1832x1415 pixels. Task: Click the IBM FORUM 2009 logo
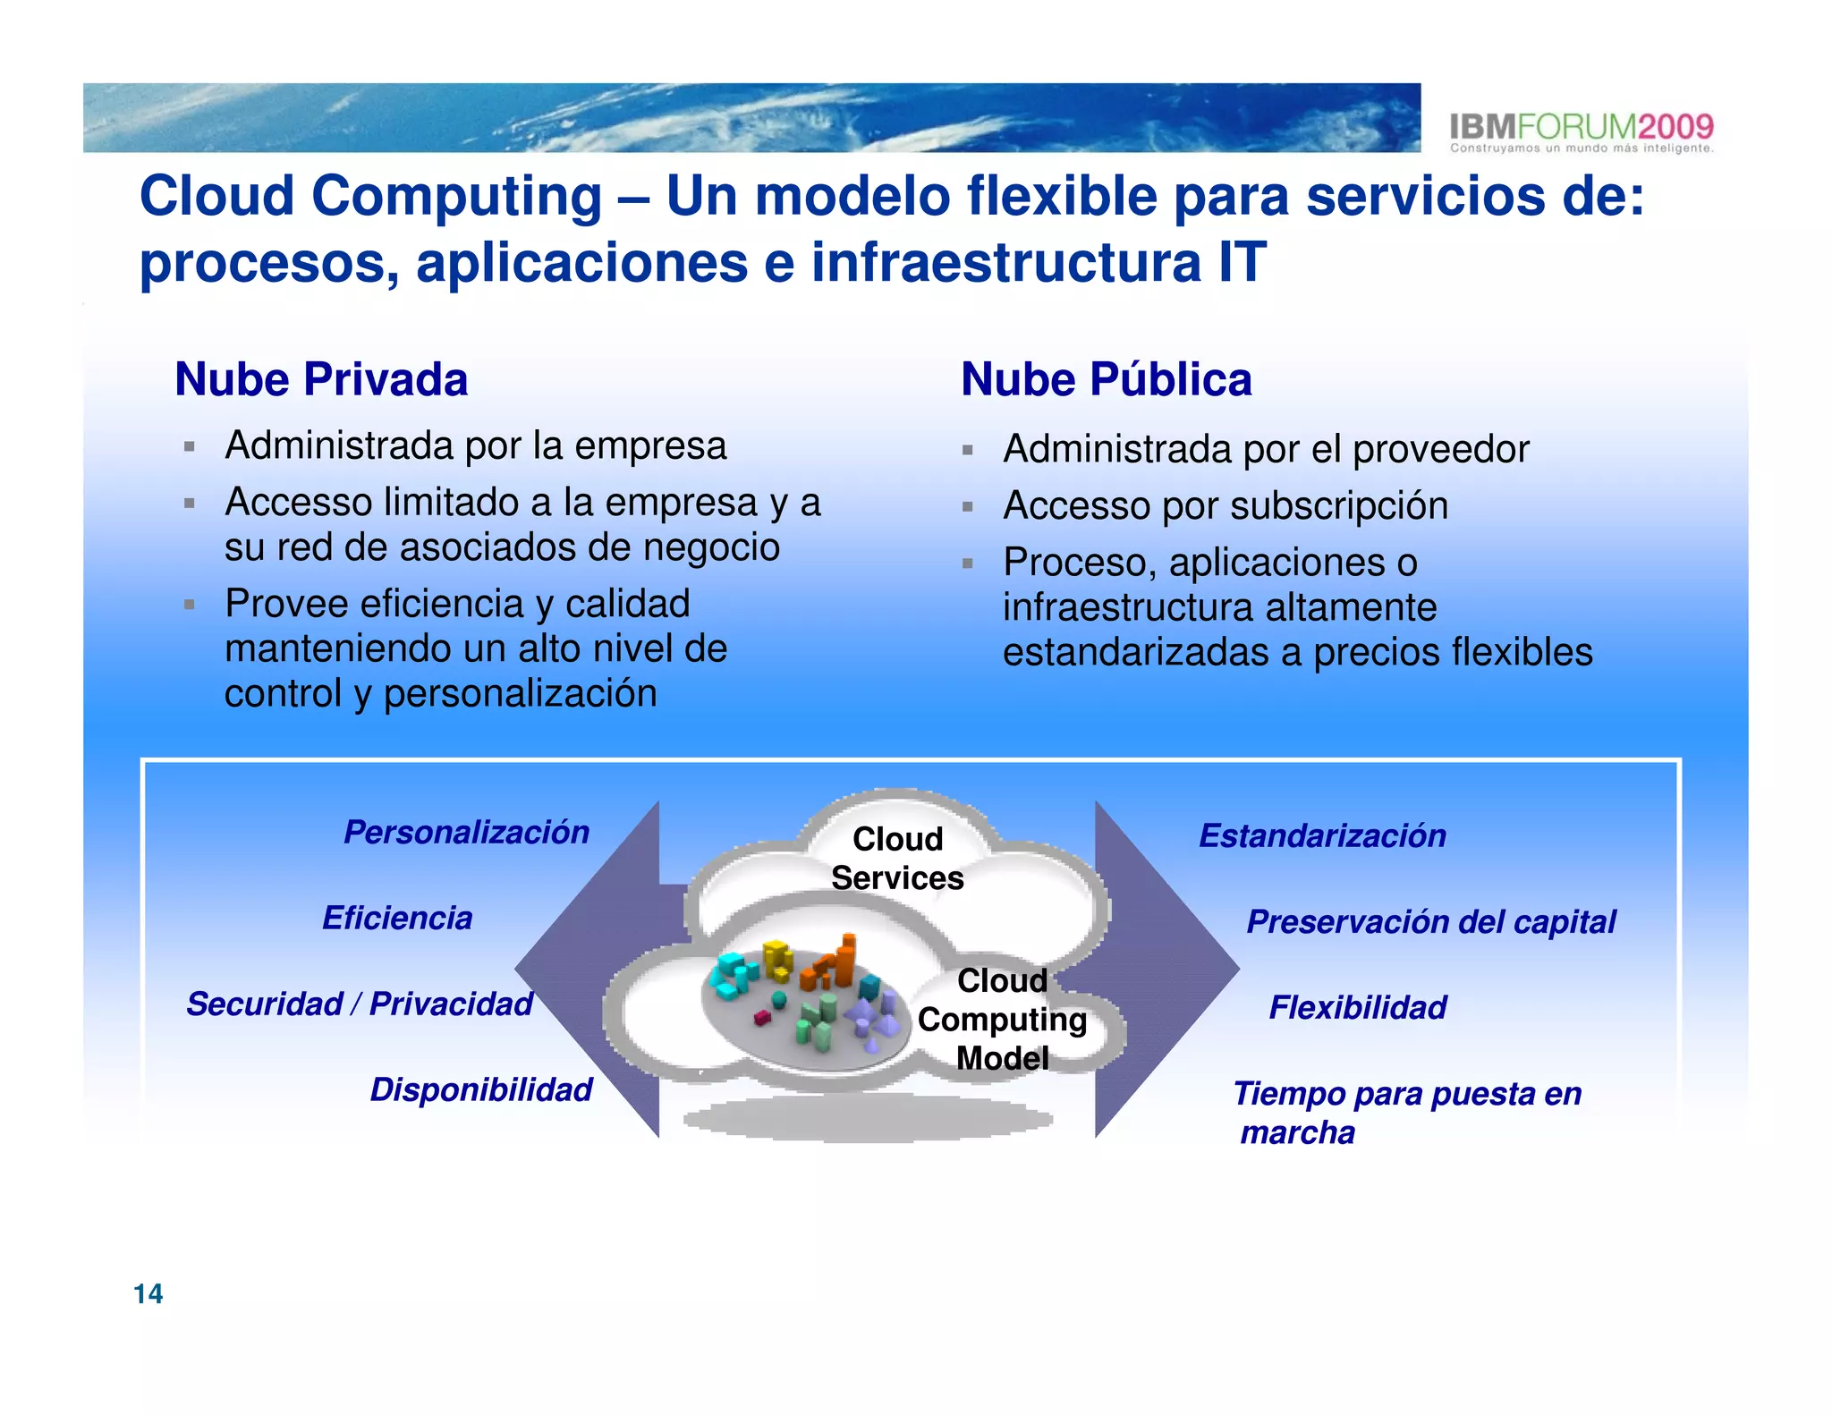pyautogui.click(x=1581, y=131)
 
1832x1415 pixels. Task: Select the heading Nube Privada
pyautogui.click(x=321, y=379)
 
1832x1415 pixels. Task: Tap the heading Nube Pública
pyautogui.click(x=1106, y=379)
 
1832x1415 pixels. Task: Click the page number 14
pyautogui.click(x=148, y=1293)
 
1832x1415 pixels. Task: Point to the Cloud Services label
pyautogui.click(x=897, y=858)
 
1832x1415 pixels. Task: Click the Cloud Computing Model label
pyautogui.click(x=1002, y=1019)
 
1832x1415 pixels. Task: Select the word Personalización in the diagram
pyautogui.click(x=466, y=832)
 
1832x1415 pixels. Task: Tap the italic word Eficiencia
pyautogui.click(x=397, y=918)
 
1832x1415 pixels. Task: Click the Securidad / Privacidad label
pyautogui.click(x=360, y=1004)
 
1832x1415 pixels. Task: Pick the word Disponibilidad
pyautogui.click(x=481, y=1089)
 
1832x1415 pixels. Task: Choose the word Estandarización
pyautogui.click(x=1322, y=835)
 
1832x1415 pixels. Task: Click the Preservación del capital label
pyautogui.click(x=1431, y=921)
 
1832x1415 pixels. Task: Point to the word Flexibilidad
pyautogui.click(x=1357, y=1007)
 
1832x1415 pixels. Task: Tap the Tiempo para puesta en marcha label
pyautogui.click(x=1406, y=1112)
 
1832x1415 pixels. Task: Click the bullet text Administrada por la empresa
pyautogui.click(x=476, y=445)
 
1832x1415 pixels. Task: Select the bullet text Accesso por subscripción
pyautogui.click(x=1226, y=505)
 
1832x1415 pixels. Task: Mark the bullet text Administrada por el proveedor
pyautogui.click(x=1266, y=449)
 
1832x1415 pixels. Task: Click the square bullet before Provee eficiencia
pyautogui.click(x=189, y=605)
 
